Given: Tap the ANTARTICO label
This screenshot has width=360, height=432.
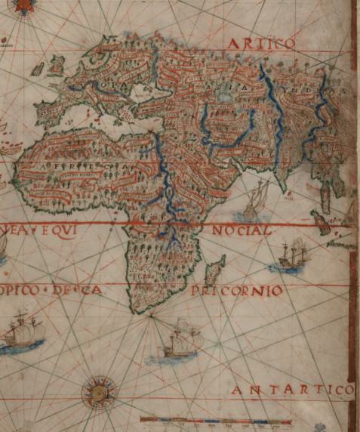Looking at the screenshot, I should click(x=291, y=389).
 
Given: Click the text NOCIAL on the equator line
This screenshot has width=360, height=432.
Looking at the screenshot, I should click(x=241, y=230).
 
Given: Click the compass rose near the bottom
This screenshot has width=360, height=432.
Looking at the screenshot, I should click(x=96, y=391).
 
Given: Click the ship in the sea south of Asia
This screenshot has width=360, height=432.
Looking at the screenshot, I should click(x=255, y=198).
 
